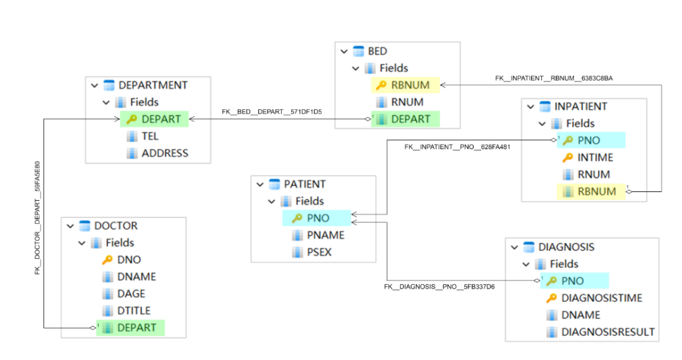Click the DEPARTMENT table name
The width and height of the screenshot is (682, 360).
pyautogui.click(x=153, y=85)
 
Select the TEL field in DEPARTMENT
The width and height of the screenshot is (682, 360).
pyautogui.click(x=150, y=136)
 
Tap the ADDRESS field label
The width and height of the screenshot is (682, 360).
pyautogui.click(x=165, y=153)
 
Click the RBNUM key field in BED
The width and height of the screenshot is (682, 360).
pyautogui.click(x=410, y=85)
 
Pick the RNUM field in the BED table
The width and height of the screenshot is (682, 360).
pyautogui.click(x=407, y=102)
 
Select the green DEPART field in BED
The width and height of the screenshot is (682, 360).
pyautogui.click(x=410, y=119)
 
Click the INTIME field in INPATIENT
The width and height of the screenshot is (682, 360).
pyautogui.click(x=595, y=157)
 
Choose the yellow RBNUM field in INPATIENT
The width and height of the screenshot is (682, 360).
pyautogui.click(x=597, y=191)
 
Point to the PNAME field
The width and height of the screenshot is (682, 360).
pyautogui.click(x=326, y=235)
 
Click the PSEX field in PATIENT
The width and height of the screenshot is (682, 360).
pyautogui.click(x=320, y=252)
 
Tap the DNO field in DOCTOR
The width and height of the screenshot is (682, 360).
pyautogui.click(x=129, y=260)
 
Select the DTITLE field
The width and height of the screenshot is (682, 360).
pyautogui.click(x=134, y=311)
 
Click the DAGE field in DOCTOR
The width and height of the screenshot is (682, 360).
pyautogui.click(x=131, y=294)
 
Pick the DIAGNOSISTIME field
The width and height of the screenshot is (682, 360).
pyautogui.click(x=602, y=298)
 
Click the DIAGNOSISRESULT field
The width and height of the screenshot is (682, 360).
pyautogui.click(x=608, y=332)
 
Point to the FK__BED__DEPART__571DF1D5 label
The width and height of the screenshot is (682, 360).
pyautogui.click(x=272, y=112)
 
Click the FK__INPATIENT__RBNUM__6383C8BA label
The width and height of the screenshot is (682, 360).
pyautogui.click(x=554, y=78)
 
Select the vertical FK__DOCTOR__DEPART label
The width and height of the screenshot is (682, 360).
pyautogui.click(x=38, y=218)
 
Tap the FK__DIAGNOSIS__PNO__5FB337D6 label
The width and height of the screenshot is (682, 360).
pyautogui.click(x=440, y=287)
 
